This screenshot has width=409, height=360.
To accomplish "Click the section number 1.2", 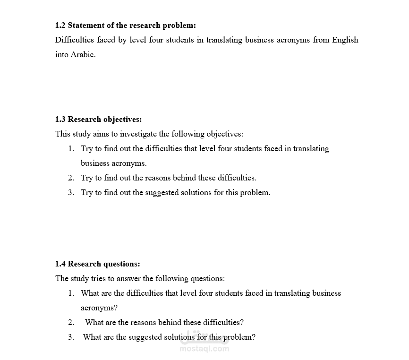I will [x=60, y=25].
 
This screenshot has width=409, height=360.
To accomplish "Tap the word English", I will [x=345, y=40].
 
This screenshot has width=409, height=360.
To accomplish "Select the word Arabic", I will [x=83, y=54].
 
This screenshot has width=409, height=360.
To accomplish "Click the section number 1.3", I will [x=60, y=119].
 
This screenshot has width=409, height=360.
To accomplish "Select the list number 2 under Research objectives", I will [x=71, y=178].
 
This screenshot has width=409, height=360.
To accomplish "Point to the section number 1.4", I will [x=60, y=264].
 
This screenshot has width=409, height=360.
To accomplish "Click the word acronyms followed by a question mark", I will [x=99, y=308].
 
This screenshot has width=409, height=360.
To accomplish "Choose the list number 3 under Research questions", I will [x=71, y=337].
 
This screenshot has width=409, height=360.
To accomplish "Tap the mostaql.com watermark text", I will [x=204, y=349].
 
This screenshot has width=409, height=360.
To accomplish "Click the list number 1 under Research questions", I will [x=71, y=293].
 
